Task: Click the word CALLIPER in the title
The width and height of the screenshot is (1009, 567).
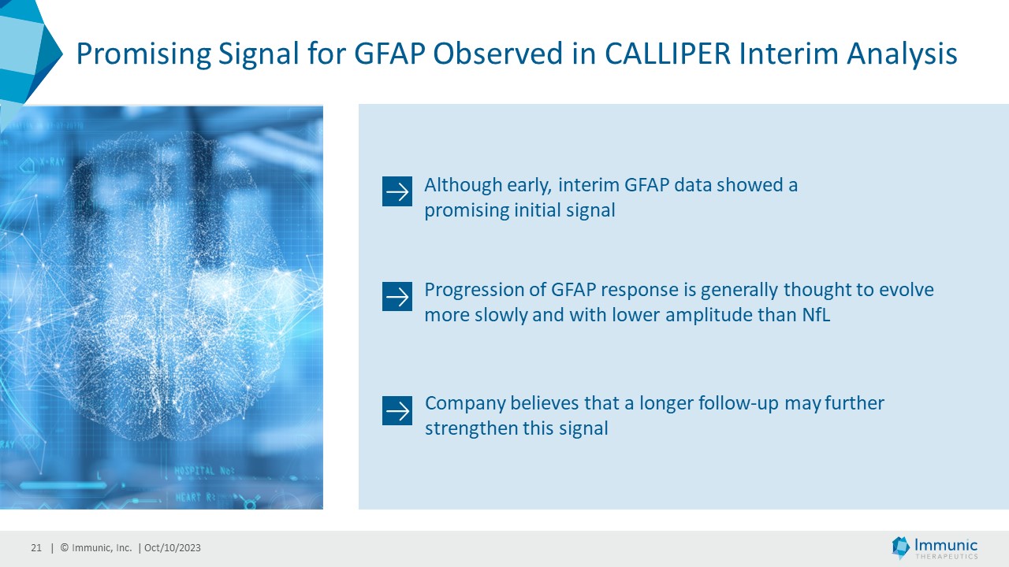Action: (x=667, y=54)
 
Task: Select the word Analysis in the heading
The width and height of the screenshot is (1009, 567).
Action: (x=902, y=55)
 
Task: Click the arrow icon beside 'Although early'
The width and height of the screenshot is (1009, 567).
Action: (x=397, y=191)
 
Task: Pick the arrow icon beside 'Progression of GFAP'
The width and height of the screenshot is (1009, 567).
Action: (x=397, y=297)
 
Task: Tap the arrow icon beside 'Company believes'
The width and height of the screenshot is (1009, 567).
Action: (x=397, y=410)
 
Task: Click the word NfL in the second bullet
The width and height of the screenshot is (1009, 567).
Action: (x=816, y=314)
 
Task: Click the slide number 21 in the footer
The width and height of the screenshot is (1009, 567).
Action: (x=36, y=547)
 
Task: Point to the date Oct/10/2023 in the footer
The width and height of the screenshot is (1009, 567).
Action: (x=172, y=547)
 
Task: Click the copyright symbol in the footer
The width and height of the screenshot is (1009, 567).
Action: (x=65, y=547)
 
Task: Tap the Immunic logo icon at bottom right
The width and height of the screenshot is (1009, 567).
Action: (x=900, y=547)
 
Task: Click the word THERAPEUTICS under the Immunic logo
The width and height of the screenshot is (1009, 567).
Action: (x=946, y=557)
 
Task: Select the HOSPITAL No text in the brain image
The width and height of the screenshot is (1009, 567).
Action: (x=204, y=471)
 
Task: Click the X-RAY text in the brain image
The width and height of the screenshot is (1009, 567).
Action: (x=53, y=162)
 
